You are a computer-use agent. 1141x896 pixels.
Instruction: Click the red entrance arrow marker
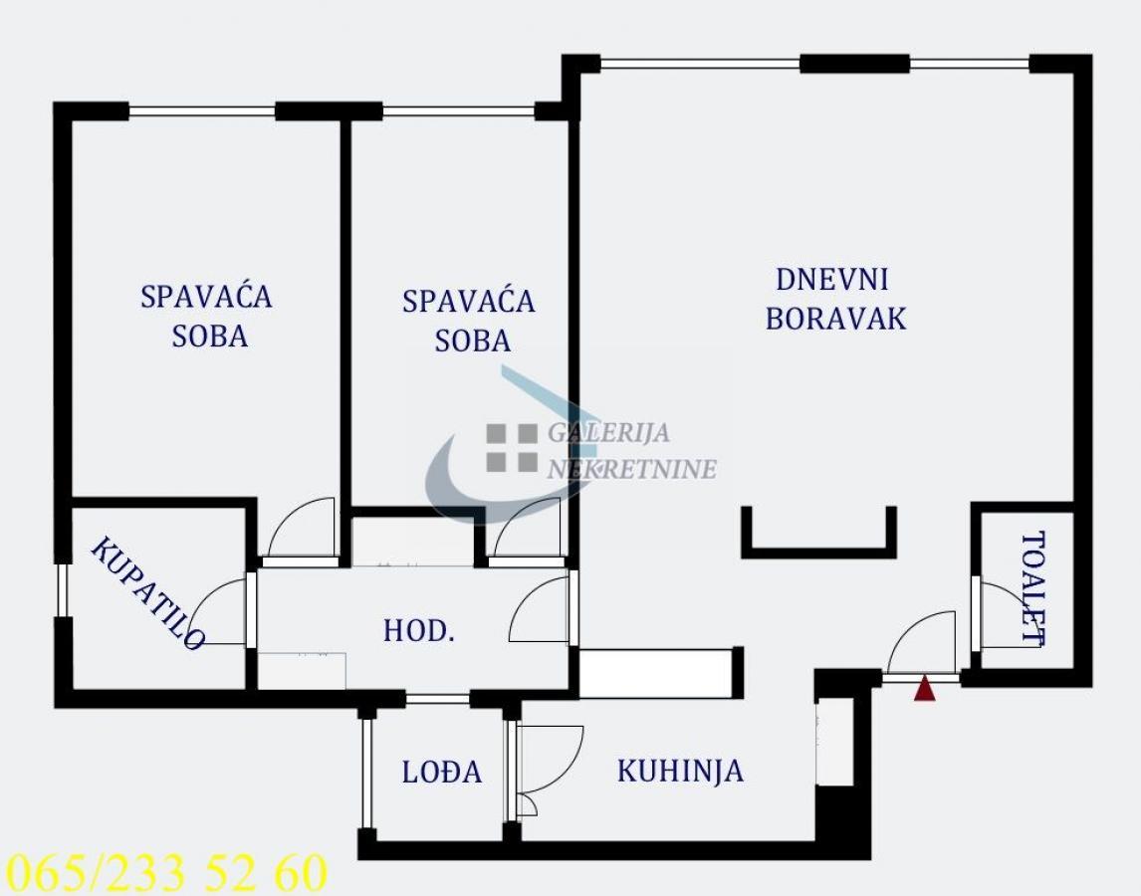click(x=924, y=689)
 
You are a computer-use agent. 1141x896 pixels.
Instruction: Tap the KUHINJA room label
click(x=680, y=772)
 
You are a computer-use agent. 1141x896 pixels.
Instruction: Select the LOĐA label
click(x=442, y=772)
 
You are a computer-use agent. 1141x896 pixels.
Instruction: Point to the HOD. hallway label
click(x=418, y=631)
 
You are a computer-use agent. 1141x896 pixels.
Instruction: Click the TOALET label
click(x=1033, y=589)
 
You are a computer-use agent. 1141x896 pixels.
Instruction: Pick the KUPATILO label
click(x=147, y=593)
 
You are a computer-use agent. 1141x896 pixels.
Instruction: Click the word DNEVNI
click(x=831, y=280)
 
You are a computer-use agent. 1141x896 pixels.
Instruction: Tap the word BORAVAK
click(x=836, y=319)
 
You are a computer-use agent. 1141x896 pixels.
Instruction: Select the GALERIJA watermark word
click(x=608, y=432)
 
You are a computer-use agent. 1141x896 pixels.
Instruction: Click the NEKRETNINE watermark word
click(x=631, y=469)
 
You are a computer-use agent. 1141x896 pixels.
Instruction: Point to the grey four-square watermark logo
click(x=512, y=448)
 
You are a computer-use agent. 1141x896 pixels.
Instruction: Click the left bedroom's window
click(x=202, y=112)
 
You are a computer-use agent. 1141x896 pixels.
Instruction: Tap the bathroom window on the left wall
click(x=62, y=590)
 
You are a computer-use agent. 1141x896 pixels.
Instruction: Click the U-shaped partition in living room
click(x=818, y=552)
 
